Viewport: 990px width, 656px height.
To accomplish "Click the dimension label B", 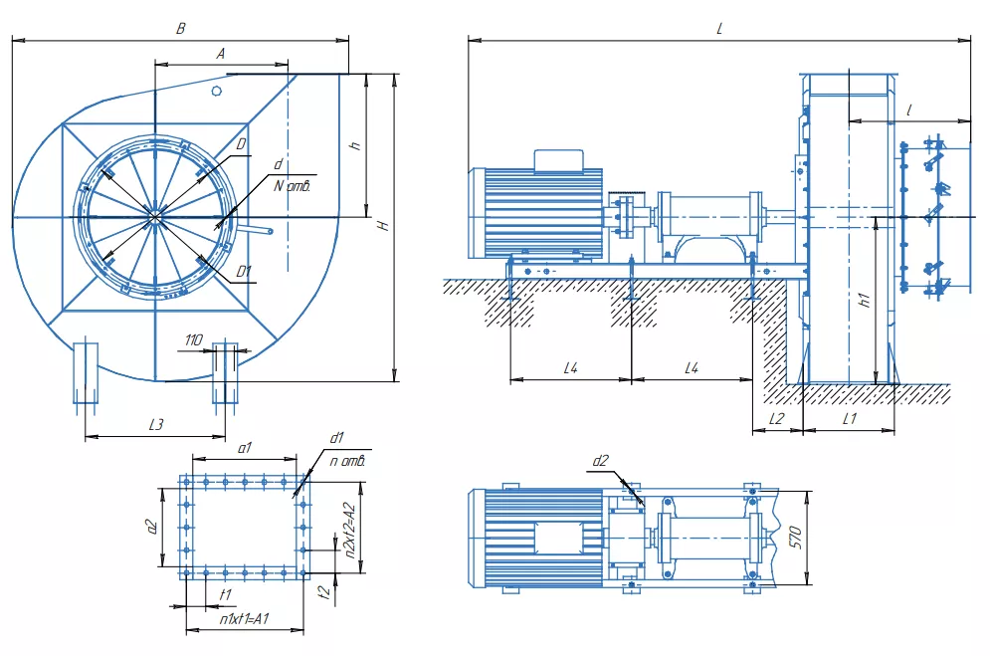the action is [180, 29].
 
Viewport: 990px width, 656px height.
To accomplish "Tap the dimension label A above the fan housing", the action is [220, 54].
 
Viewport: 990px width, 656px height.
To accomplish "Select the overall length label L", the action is [719, 29].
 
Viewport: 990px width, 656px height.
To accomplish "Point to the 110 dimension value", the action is [193, 340].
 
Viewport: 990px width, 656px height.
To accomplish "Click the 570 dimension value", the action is [796, 538].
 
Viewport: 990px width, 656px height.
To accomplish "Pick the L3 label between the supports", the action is [156, 424].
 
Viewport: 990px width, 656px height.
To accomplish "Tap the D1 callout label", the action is [244, 272].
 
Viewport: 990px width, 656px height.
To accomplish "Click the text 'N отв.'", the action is [293, 185].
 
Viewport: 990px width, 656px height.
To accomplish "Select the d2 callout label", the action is [600, 461].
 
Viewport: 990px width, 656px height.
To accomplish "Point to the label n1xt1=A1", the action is [245, 619].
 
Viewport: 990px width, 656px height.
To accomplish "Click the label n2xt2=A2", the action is [350, 531].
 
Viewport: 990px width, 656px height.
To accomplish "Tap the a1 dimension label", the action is [245, 448].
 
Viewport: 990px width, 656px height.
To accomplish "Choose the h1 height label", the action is [865, 300].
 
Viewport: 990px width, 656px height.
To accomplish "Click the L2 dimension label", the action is [777, 419].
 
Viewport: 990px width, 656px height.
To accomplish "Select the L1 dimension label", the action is [850, 419].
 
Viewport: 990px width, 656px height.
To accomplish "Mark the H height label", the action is [384, 225].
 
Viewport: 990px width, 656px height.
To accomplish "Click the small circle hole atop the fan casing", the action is [217, 91].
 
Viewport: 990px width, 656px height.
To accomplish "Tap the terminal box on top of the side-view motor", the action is [559, 160].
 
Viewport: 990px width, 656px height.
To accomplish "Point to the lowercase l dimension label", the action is [909, 110].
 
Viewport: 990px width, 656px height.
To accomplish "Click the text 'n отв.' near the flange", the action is [347, 462].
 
